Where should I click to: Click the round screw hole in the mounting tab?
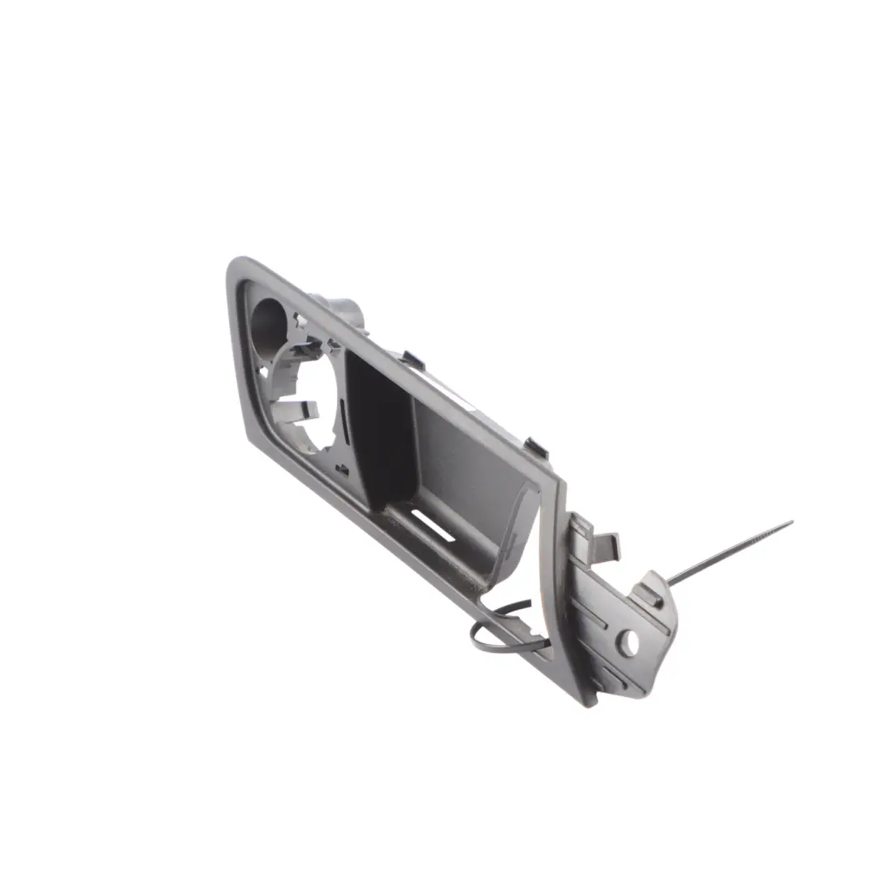[x=629, y=642]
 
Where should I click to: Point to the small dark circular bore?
[x=266, y=322]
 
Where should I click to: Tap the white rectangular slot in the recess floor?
[x=432, y=525]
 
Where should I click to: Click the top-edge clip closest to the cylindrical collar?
[x=413, y=360]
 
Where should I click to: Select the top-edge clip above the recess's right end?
[x=537, y=447]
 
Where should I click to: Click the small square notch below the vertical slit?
[x=343, y=470]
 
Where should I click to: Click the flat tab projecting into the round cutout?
[x=296, y=411]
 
